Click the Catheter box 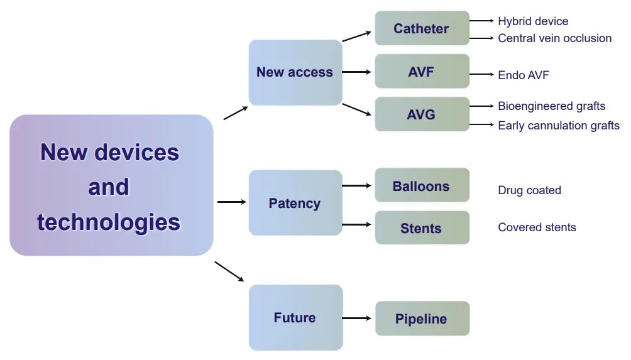click(422, 28)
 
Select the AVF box click(422, 72)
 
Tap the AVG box click(422, 114)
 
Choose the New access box click(295, 72)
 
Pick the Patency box click(295, 203)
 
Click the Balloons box click(422, 186)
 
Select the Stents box click(422, 228)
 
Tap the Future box click(295, 317)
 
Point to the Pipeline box click(422, 319)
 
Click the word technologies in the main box click(109, 222)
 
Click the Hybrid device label click(533, 21)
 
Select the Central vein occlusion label click(554, 38)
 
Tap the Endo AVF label click(524, 75)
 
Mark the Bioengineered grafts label click(551, 106)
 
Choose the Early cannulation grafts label click(558, 126)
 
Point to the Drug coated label click(529, 190)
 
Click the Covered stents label click(537, 227)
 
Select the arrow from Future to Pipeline click(357, 319)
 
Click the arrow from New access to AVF click(357, 72)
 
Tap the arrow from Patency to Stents click(357, 224)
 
